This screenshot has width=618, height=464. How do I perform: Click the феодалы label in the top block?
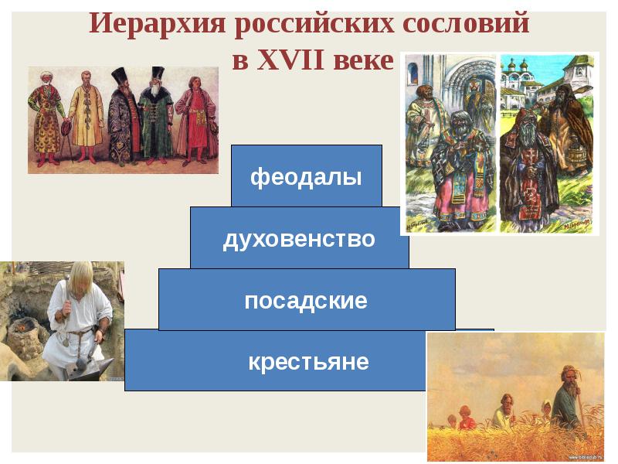pyautogui.click(x=306, y=177)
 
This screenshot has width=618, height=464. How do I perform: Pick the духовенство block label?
pyautogui.click(x=299, y=239)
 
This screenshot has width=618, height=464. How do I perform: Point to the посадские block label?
pyautogui.click(x=306, y=301)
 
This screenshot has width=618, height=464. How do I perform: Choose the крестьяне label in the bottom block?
pyautogui.click(x=308, y=361)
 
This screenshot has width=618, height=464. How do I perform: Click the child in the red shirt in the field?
pyautogui.click(x=467, y=418)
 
